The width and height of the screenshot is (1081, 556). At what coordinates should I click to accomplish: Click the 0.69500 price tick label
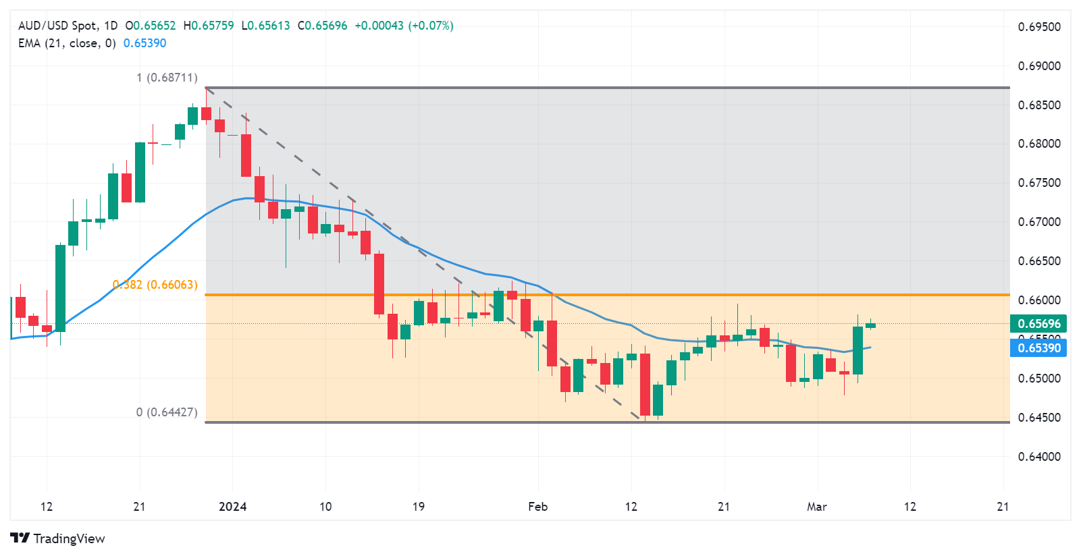[x=1039, y=27]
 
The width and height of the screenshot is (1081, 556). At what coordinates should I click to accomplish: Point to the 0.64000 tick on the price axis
[x=1039, y=457]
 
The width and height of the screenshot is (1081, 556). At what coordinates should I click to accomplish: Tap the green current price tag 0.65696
[x=1038, y=324]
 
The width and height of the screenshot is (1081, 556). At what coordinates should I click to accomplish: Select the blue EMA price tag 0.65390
[x=1038, y=348]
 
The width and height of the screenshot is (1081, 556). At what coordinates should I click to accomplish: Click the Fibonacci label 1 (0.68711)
[x=167, y=78]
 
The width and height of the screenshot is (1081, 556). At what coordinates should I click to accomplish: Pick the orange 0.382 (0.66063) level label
[x=155, y=285]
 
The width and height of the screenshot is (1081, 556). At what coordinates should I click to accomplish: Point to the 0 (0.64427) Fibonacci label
[x=167, y=412]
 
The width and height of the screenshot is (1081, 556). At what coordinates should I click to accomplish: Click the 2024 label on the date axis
[x=233, y=507]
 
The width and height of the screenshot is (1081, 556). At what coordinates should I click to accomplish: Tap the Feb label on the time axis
[x=538, y=507]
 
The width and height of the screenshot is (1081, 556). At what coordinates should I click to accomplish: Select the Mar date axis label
[x=817, y=507]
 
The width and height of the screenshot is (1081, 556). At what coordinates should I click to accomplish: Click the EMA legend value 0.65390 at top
[x=144, y=43]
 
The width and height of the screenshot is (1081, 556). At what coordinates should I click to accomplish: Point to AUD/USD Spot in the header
[x=57, y=26]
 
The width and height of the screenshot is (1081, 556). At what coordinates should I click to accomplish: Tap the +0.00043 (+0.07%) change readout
[x=404, y=26]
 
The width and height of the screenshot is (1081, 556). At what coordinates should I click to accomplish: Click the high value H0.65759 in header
[x=209, y=26]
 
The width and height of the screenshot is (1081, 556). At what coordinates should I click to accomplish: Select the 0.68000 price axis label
[x=1039, y=144]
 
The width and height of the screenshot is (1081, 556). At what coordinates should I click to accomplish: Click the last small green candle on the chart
[x=871, y=325]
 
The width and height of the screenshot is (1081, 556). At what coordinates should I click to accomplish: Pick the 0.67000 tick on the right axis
[x=1039, y=222]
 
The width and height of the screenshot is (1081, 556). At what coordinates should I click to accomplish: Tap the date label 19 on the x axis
[x=419, y=507]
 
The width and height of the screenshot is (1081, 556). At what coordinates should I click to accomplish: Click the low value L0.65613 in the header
[x=265, y=26]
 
